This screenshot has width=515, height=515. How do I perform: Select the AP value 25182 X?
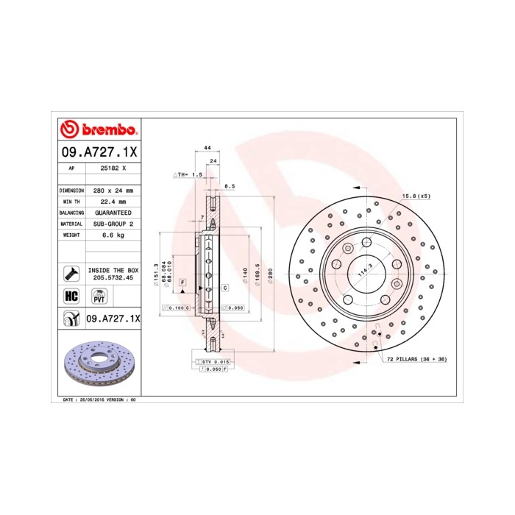113,168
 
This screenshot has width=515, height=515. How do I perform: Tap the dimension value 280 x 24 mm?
113,190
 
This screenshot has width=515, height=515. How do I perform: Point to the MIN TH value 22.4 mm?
113,201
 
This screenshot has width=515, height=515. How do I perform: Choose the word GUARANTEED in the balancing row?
113,212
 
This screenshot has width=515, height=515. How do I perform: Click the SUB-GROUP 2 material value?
113,223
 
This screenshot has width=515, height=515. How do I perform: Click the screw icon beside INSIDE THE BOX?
71,274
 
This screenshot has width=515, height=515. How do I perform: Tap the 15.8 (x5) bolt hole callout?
415,196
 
